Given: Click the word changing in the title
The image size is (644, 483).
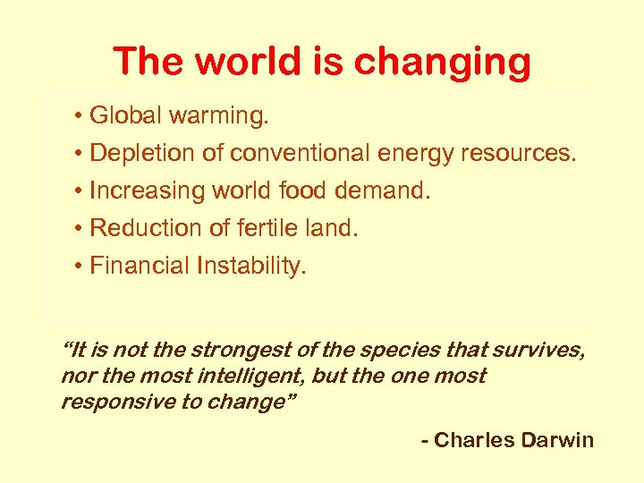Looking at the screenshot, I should coord(442,63).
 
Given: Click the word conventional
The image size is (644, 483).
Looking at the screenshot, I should coord(301,154).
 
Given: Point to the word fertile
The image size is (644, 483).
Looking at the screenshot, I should coord(260,228).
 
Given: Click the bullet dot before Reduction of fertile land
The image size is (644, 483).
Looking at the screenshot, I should coord(80,229).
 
